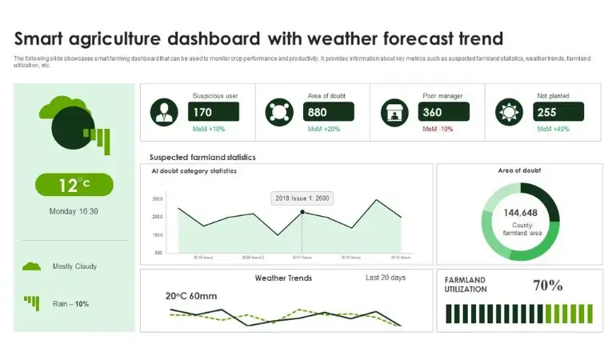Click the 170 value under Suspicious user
(x=203, y=112)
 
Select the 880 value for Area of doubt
(x=318, y=112)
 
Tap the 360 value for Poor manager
(x=433, y=112)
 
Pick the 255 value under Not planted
(x=548, y=112)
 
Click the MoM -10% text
(x=438, y=129)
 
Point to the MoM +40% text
(x=553, y=129)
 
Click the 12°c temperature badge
(x=74, y=185)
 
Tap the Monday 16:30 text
(x=74, y=211)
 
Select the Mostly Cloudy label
(x=74, y=266)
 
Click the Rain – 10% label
(x=70, y=303)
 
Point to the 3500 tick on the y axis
(x=157, y=198)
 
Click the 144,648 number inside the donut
(x=520, y=213)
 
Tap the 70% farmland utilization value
(x=548, y=285)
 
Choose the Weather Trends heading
(x=283, y=278)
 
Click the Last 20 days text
(x=386, y=278)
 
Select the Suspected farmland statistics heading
(x=202, y=158)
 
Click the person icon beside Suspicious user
(x=165, y=112)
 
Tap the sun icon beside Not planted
(x=509, y=112)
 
